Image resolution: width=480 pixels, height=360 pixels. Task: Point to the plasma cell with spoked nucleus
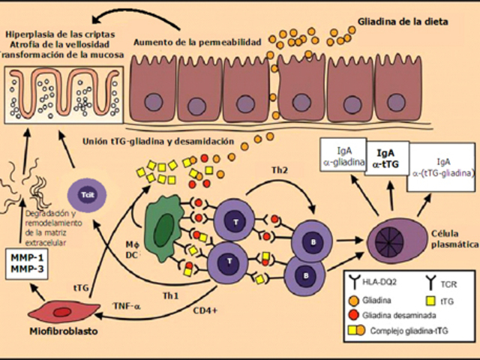[x=395, y=241]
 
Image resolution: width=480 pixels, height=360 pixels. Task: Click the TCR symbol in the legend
[x=434, y=283]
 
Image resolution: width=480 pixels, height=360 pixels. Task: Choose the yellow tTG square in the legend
[x=434, y=298]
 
